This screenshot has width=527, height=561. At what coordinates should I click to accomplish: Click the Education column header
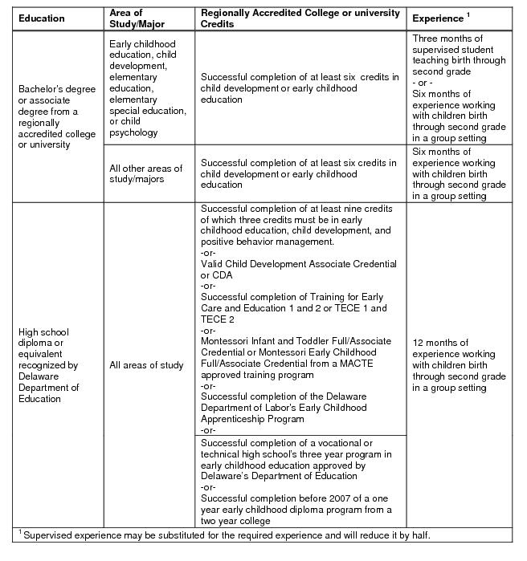42,18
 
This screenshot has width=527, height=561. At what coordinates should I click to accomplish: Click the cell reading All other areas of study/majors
145,173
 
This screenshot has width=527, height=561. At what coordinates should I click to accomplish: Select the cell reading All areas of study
146,366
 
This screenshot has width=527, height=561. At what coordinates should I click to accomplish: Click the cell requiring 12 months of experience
459,365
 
